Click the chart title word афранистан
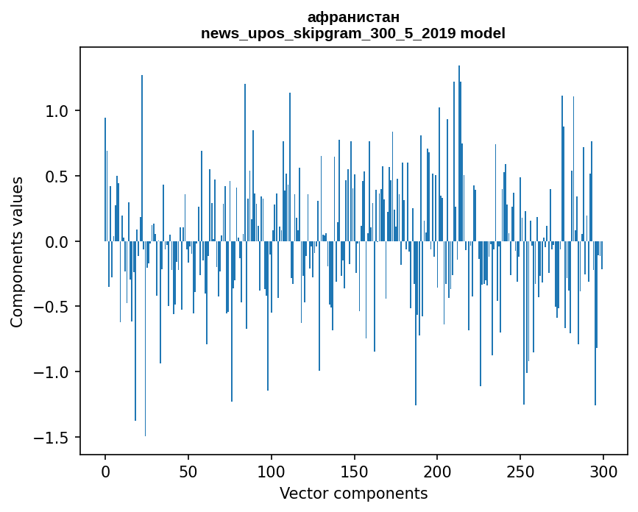click(353, 18)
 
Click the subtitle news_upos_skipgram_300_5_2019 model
click(353, 33)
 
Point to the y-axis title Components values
click(17, 252)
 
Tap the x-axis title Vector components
click(353, 493)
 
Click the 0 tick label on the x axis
click(105, 471)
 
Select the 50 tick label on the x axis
click(188, 471)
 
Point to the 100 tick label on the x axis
click(272, 471)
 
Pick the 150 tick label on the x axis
click(355, 471)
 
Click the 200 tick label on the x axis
click(438, 471)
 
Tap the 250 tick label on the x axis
click(520, 471)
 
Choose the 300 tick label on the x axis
click(603, 471)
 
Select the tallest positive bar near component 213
click(459, 147)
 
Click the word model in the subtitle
click(488, 33)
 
